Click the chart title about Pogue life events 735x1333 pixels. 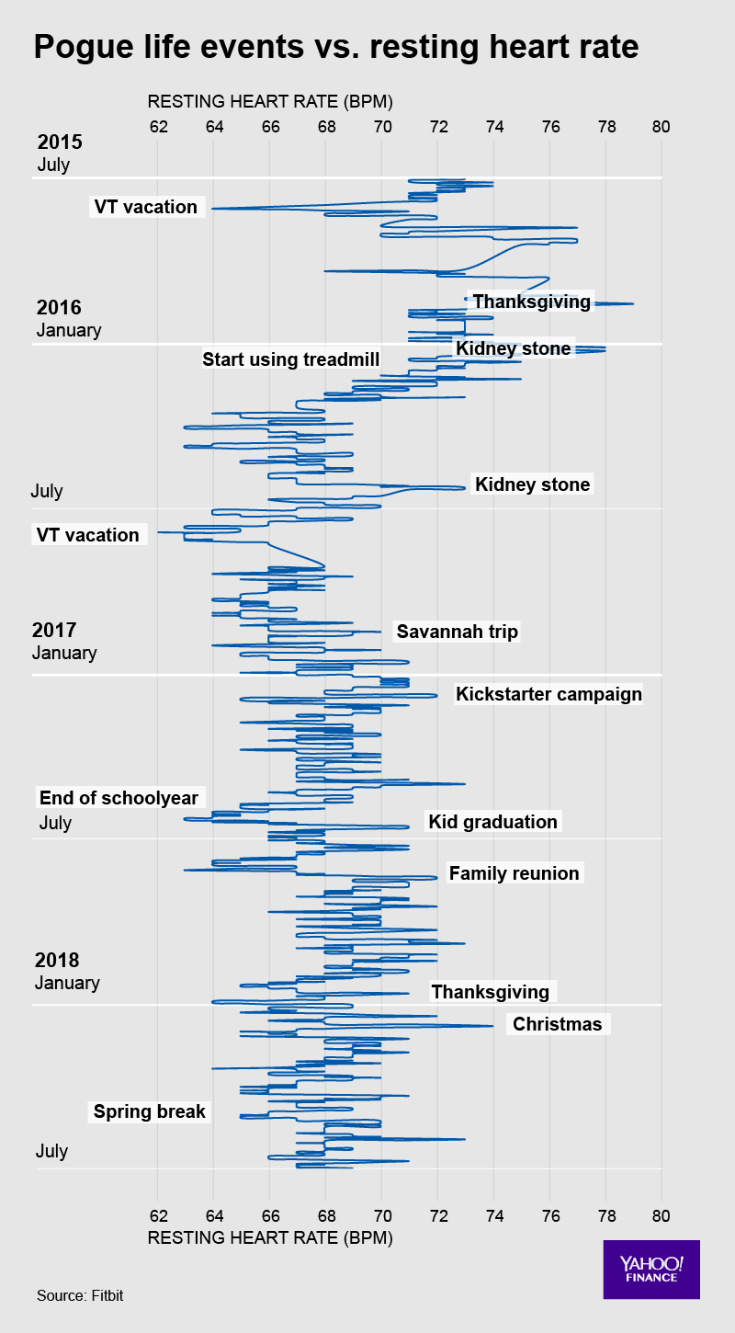335,47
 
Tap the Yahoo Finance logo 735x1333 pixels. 651,1270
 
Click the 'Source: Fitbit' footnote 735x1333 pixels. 80,1295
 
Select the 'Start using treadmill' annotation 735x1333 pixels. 290,359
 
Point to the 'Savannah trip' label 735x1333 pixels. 458,632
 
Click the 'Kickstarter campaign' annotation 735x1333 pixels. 548,694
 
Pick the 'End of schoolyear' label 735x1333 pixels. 119,797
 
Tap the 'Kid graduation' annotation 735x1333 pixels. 493,822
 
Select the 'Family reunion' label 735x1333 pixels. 514,873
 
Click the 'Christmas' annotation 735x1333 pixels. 557,1024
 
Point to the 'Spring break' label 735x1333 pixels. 150,1111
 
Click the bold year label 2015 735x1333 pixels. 60,142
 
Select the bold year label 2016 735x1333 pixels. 60,307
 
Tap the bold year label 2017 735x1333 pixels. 54,631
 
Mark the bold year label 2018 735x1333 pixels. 57,961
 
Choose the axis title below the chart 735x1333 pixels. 270,1238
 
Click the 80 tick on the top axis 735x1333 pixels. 661,126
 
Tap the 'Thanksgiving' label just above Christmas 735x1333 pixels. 490,992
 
